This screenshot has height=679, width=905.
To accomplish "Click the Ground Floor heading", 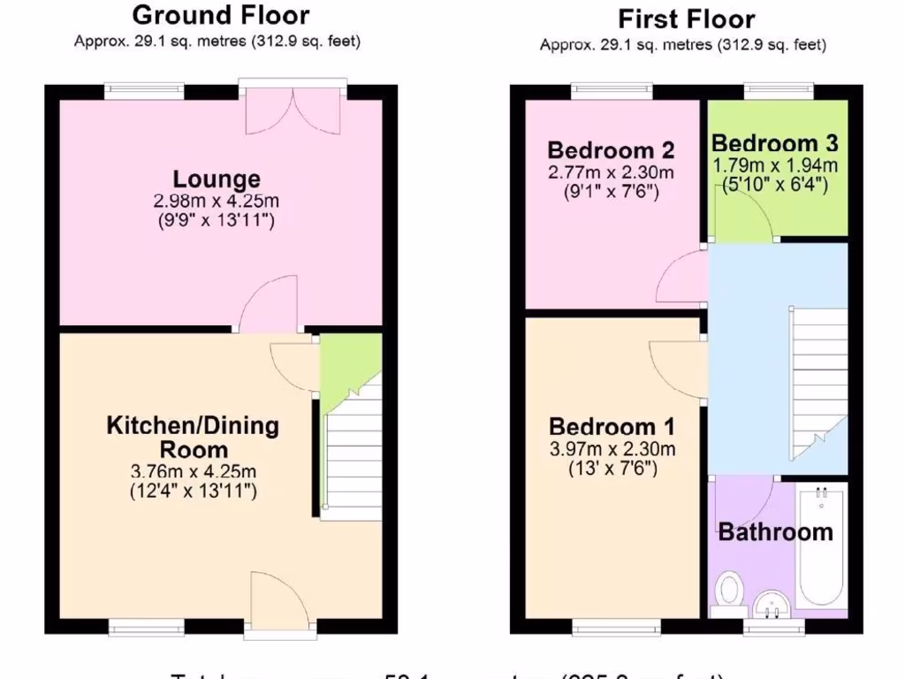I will point(220,15).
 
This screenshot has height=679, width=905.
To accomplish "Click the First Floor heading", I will point(686,19).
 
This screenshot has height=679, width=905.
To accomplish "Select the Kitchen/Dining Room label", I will point(193,437).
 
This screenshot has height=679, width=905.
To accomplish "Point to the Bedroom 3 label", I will point(775,143).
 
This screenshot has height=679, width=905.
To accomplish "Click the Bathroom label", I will point(775,531).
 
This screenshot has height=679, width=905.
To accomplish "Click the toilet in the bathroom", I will point(728,591).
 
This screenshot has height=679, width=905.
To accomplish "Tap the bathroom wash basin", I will point(774,605).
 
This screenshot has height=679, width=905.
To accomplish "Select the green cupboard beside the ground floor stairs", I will point(348,367).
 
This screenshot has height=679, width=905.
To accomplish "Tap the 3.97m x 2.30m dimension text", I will point(612,449).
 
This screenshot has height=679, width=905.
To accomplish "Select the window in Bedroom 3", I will point(778,90).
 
